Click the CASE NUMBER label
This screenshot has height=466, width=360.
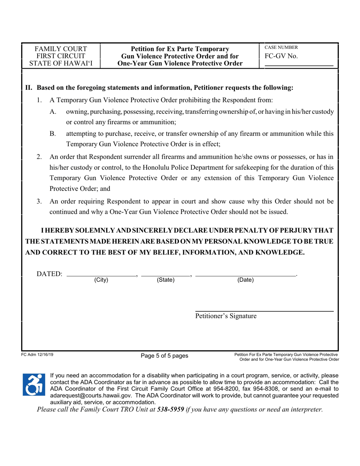[x=281, y=48]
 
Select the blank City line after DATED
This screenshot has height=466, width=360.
[x=101, y=274]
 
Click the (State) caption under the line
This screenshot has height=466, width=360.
[x=166, y=280]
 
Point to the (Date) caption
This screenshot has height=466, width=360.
[x=245, y=280]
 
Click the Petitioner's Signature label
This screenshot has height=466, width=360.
[x=225, y=316]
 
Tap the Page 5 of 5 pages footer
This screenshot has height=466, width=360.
[x=164, y=356]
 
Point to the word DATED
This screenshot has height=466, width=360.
[x=49, y=274]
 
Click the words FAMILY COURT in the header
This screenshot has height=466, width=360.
[x=61, y=49]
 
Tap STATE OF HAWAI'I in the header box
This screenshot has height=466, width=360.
[x=61, y=63]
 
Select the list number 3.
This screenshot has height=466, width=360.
[x=39, y=202]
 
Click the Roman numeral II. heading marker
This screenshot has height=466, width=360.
[x=29, y=88]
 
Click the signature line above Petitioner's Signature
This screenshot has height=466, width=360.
[x=264, y=311]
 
